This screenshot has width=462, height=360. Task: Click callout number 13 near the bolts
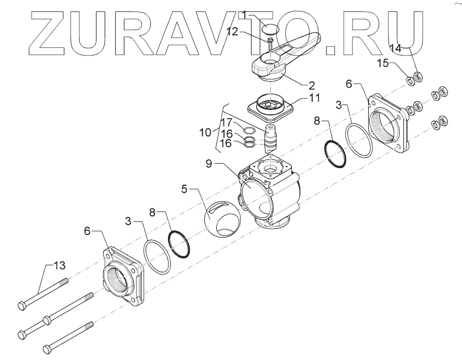tap(60, 265)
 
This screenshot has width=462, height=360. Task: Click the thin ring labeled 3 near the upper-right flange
tap(360, 139)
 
